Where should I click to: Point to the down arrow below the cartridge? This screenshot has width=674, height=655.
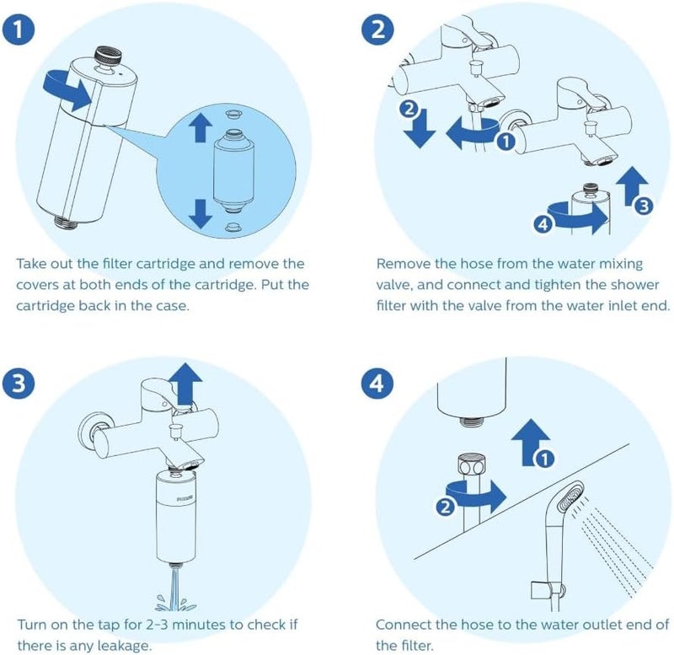pos(200,211)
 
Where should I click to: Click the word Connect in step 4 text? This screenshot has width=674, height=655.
pos(402,625)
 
